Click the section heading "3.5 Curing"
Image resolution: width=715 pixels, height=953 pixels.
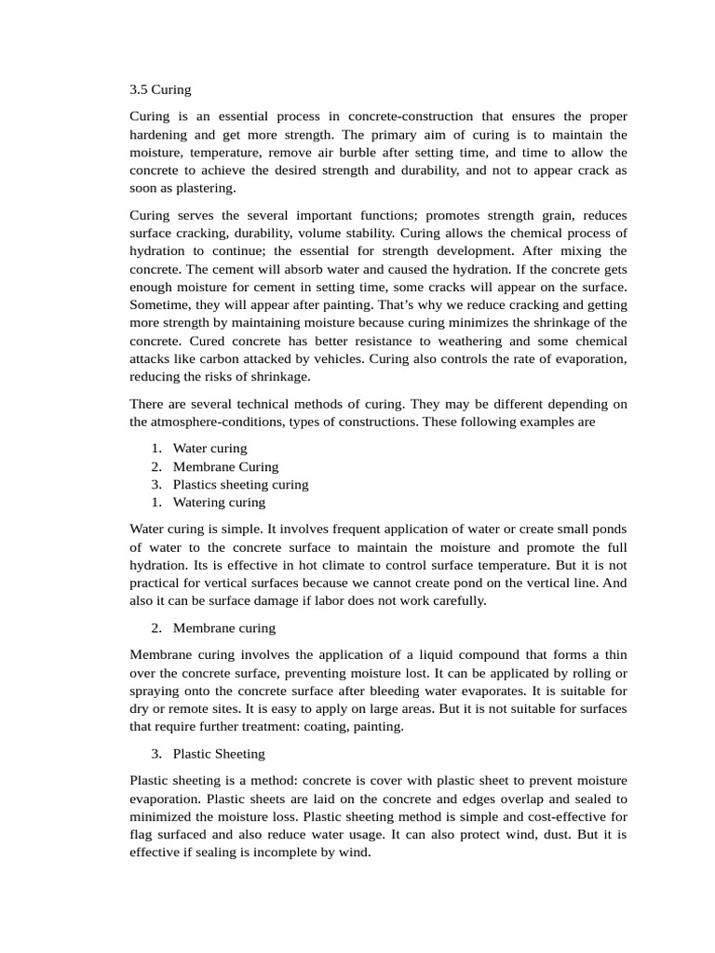pos(160,90)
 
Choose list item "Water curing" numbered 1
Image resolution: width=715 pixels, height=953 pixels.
pos(209,448)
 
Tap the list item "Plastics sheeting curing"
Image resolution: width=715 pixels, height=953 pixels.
pos(240,484)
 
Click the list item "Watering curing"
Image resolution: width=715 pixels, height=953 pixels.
pos(219,503)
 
